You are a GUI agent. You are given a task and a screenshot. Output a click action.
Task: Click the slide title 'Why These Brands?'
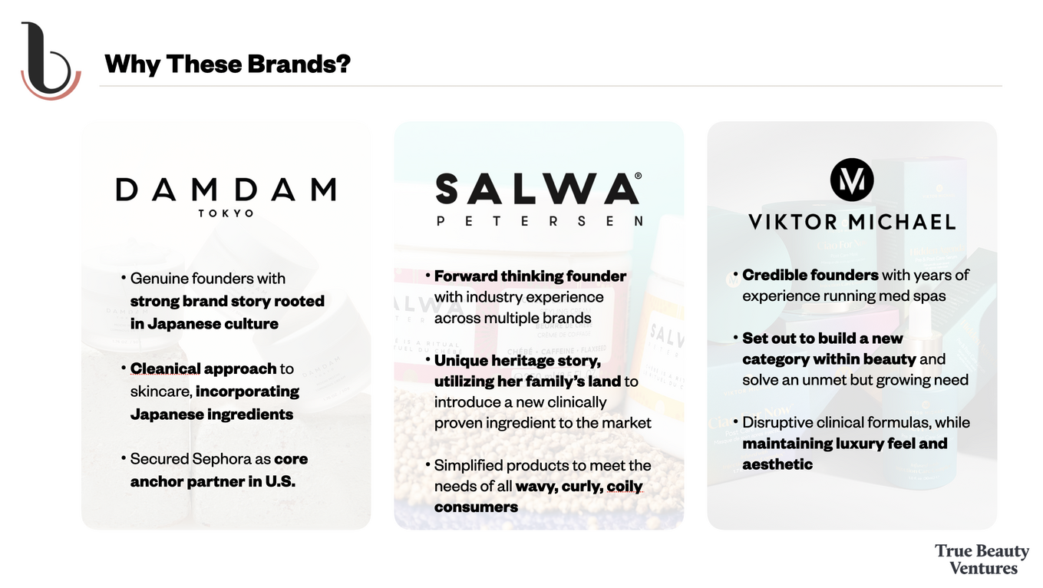coord(227,64)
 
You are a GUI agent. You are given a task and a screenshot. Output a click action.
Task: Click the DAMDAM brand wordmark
coord(226,189)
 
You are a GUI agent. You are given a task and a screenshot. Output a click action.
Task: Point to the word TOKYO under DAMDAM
coord(226,213)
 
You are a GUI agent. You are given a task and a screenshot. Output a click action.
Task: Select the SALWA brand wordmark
coord(537,189)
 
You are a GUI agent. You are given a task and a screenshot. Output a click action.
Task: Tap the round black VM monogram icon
coord(852,180)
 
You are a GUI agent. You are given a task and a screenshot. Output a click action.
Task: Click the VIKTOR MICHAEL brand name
coord(852,222)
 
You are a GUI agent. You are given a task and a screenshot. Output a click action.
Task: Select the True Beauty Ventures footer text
coord(982,559)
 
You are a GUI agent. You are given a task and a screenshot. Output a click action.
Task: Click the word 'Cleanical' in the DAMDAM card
coord(165,368)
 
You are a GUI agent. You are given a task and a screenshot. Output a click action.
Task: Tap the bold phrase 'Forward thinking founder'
coord(530,276)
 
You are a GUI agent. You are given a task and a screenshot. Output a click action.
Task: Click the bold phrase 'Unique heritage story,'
coord(517,361)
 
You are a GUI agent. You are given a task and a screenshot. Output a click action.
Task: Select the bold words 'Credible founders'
coord(810,275)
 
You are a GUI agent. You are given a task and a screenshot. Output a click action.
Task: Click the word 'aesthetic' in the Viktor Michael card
coord(777,464)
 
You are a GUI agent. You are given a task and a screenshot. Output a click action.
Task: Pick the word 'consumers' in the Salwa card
coord(476,507)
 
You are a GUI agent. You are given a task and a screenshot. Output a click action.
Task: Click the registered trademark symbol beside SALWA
coord(638,176)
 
